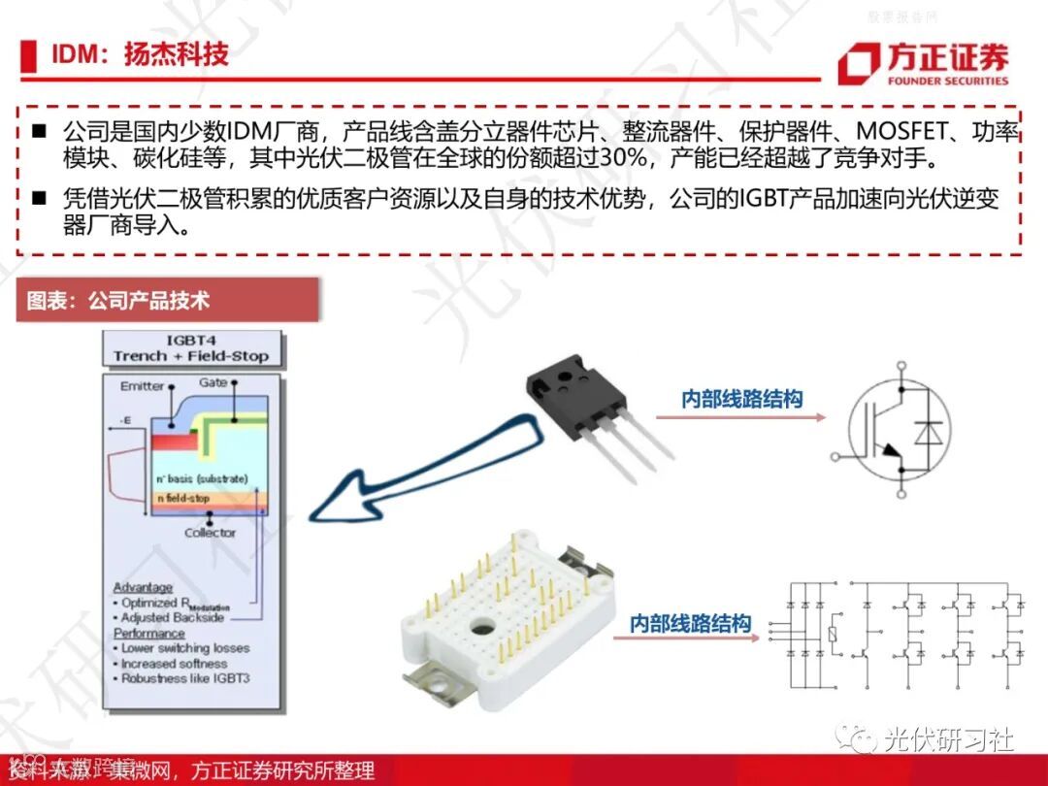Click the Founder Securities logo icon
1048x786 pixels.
tap(860, 64)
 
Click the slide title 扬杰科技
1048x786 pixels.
tap(176, 53)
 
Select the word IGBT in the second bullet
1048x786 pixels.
tap(767, 200)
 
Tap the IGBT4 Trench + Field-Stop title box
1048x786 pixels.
tap(191, 347)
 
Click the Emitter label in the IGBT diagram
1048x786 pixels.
tap(142, 386)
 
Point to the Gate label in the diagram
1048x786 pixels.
tap(213, 382)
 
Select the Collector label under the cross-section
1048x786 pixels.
tap(210, 533)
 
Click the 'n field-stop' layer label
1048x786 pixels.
tap(183, 499)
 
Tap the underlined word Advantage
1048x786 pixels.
tap(143, 587)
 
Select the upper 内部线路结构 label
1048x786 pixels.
tap(742, 399)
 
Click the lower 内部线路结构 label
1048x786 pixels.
tap(690, 624)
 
